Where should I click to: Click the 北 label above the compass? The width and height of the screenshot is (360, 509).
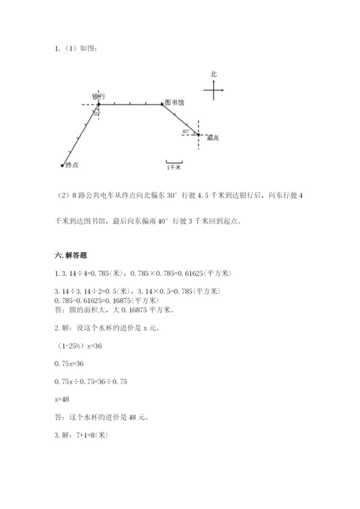pos(213,74)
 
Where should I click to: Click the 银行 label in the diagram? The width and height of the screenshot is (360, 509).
pos(99,96)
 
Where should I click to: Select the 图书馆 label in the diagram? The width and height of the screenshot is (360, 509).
pos(174,103)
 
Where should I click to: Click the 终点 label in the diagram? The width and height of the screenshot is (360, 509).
pos(71,164)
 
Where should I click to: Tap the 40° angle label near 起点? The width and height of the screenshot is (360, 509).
pos(186,132)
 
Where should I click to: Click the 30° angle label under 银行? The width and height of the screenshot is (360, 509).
pos(96,114)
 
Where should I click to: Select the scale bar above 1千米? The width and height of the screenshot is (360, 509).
pos(174,161)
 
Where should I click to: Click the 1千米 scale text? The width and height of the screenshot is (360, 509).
pos(174,167)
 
